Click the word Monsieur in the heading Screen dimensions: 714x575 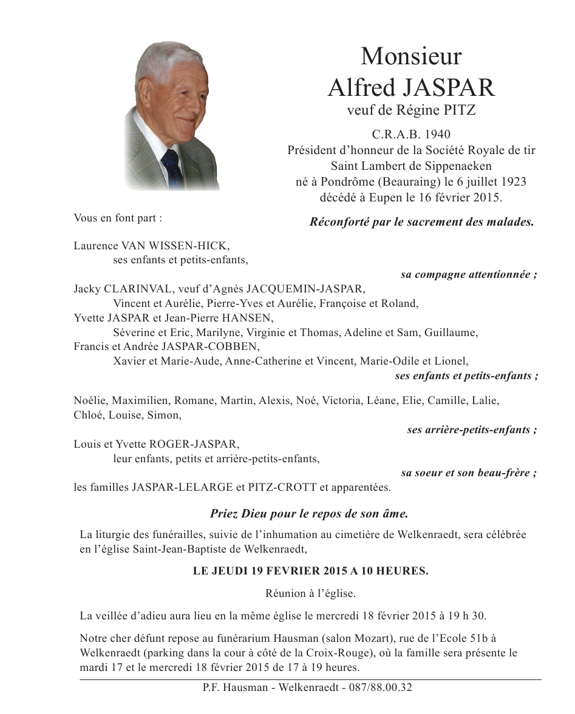[411, 56]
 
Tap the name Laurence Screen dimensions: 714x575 [96, 246]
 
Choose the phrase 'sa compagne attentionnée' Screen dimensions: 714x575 [468, 274]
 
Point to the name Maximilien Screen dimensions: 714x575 [140, 401]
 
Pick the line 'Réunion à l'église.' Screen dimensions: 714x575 [310, 593]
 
